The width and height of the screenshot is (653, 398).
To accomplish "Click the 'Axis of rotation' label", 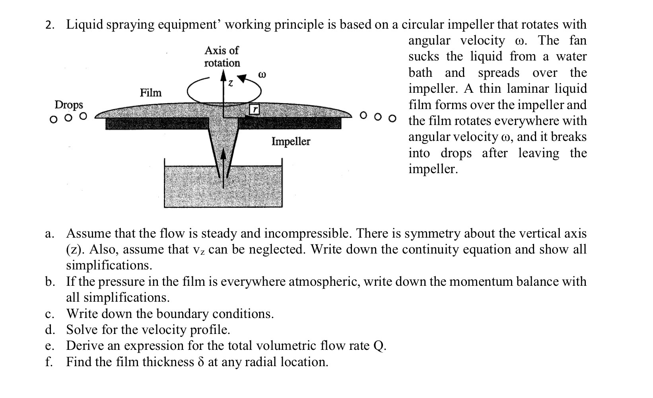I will pos(222,57).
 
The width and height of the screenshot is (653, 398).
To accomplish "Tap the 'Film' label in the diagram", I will pos(151,93).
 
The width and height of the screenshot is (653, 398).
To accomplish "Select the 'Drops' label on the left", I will pos(69,105).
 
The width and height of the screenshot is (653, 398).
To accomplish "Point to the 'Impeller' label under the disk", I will pos(291,141).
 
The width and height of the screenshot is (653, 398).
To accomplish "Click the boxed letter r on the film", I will pos(255,109).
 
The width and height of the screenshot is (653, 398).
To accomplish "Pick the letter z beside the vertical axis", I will pos(230,84).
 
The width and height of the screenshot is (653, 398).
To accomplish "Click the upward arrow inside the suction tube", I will pos(223,167).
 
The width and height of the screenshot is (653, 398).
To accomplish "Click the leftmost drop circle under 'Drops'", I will pos(52,119).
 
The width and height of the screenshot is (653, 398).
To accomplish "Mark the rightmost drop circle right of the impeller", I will pos(393,118).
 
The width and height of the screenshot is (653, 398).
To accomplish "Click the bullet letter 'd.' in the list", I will pos(50,330).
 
